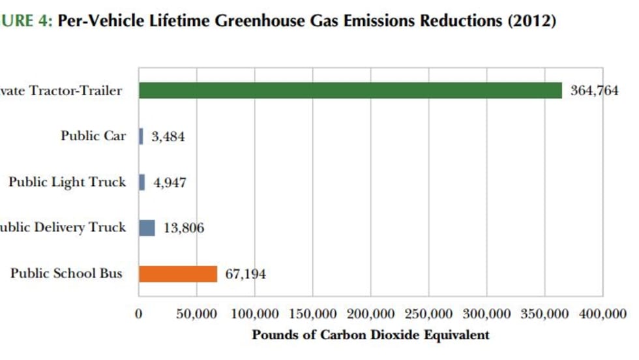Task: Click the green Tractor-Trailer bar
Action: pyautogui.click(x=350, y=91)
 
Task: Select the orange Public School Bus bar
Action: pyautogui.click(x=177, y=274)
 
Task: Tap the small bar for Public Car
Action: pyautogui.click(x=141, y=136)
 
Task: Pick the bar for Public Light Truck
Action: pyautogui.click(x=141, y=182)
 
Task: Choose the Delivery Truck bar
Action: pyautogui.click(x=147, y=228)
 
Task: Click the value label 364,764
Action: pyautogui.click(x=594, y=91)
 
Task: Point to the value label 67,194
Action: pyautogui.click(x=246, y=274)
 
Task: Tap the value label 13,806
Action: pyautogui.click(x=183, y=228)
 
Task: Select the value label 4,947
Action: pyautogui.click(x=169, y=183)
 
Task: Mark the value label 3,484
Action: pyautogui.click(x=168, y=137)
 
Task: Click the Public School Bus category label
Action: pyautogui.click(x=66, y=273)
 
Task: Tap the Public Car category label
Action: pyautogui.click(x=93, y=136)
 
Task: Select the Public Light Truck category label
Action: pyautogui.click(x=67, y=182)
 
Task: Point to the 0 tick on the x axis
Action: pyautogui.click(x=138, y=314)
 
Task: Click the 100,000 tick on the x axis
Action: pyautogui.click(x=252, y=314)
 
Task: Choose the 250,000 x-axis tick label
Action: pyautogui.click(x=428, y=314)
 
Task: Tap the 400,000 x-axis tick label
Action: pyautogui.click(x=602, y=314)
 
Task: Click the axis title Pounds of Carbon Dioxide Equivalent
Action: pyautogui.click(x=370, y=335)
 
